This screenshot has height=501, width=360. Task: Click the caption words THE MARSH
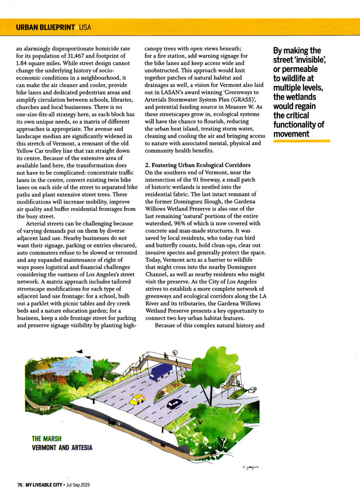47,438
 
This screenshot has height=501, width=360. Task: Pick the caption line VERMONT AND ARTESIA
62,448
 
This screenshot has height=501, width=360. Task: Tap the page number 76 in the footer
19,485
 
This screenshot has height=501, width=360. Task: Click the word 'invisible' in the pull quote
303,60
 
